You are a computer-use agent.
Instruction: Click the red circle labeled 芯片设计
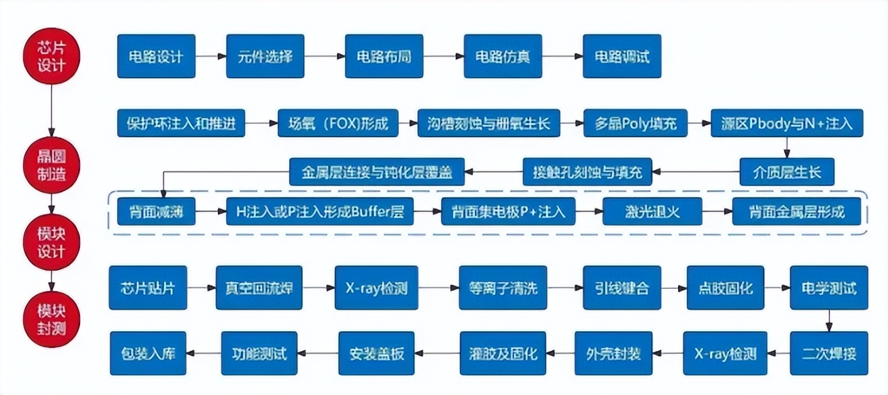[52, 56]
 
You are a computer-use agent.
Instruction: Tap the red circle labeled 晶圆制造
[52, 165]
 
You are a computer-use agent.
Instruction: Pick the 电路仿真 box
[503, 56]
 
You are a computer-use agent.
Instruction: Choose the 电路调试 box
[622, 56]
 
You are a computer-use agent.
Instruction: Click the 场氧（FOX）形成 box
[337, 123]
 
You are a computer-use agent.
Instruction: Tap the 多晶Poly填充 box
[635, 123]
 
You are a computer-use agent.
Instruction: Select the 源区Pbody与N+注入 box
[786, 123]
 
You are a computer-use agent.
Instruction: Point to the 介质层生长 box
[786, 171]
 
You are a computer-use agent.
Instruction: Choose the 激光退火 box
[652, 212]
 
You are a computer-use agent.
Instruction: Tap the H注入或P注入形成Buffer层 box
[320, 212]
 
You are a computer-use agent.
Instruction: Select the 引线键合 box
[622, 288]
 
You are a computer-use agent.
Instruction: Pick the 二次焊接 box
[829, 353]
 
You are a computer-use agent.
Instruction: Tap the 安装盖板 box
[377, 353]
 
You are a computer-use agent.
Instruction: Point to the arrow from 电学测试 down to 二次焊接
[829, 320]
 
